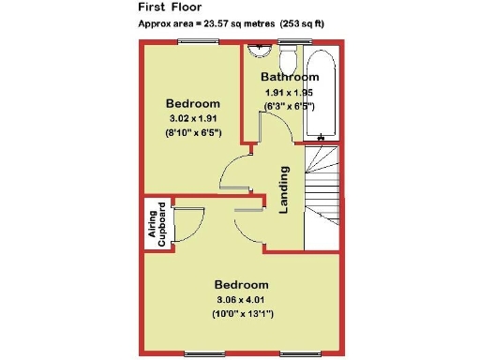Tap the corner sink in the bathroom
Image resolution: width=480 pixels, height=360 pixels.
pos(255,53)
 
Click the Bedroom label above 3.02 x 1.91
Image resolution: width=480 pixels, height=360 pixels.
pos(193,103)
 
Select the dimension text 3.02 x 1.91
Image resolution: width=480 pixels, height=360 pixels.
pos(193,119)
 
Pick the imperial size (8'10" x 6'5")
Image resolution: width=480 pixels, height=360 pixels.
pos(193,135)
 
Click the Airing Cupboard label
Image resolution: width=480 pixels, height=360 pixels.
pos(157,224)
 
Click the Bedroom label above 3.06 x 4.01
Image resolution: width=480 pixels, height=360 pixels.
pos(241,284)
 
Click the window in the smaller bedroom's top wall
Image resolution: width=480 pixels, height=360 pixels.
pos(195,42)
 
